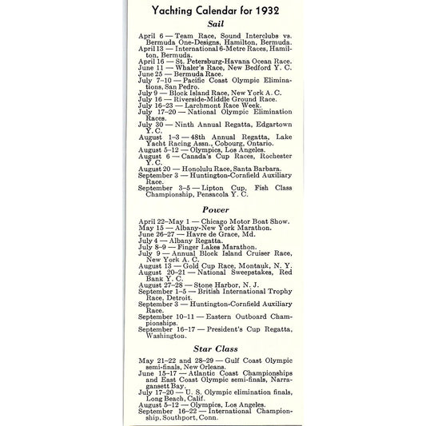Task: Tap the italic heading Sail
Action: [x=215, y=25]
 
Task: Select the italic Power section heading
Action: [x=214, y=209]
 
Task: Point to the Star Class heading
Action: [x=215, y=348]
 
